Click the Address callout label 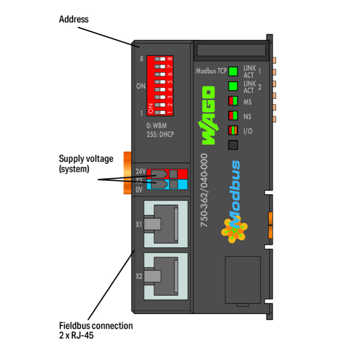click(73, 20)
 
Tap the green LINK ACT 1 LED click(233, 72)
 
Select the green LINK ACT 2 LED click(233, 86)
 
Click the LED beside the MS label click(233, 101)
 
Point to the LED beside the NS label click(233, 116)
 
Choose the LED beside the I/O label click(233, 130)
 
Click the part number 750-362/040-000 click(204, 190)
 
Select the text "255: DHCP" click(160, 134)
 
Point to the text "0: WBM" click(157, 126)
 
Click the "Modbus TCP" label click(211, 71)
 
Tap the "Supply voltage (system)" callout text click(79, 164)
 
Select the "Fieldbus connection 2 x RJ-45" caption click(96, 330)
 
